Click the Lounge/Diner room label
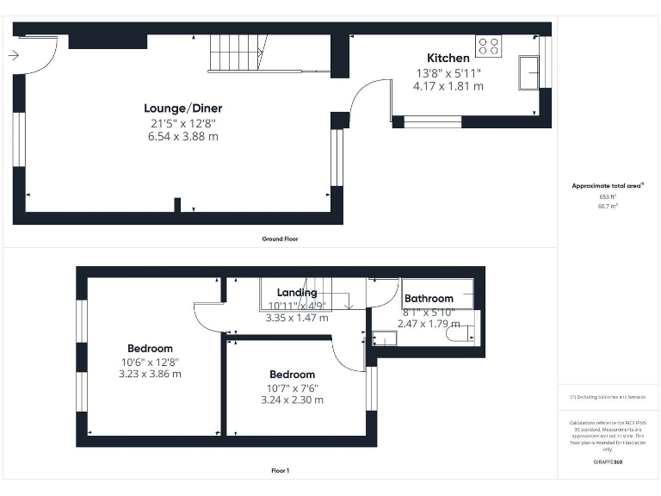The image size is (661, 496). coord(182,108)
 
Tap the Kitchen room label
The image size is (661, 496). coord(448,58)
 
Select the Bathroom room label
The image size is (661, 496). coord(429,299)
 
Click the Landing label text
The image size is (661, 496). coord(297,294)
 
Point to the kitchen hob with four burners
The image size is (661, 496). coord(488,45)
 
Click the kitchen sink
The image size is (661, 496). coord(527,72)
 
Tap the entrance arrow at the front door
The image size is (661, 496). coord(13,56)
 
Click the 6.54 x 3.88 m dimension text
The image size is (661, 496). coord(182,136)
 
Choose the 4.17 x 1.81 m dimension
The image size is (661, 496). coord(448,86)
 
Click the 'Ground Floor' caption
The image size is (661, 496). coord(280,239)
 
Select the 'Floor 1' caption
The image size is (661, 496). coord(280,471)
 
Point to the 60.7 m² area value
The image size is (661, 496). coord(608,207)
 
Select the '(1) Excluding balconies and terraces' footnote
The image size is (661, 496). coord(608,396)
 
